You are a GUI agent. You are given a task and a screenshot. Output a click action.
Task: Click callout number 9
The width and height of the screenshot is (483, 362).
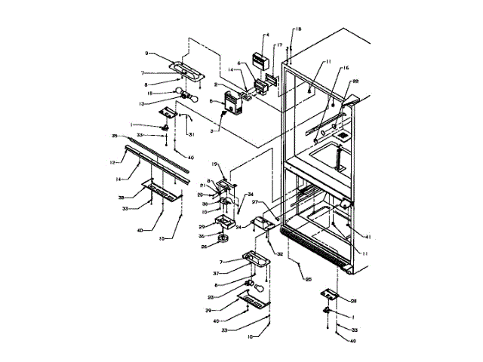pos(148,53)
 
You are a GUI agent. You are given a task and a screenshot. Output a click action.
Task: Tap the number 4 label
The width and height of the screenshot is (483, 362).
pos(266,35)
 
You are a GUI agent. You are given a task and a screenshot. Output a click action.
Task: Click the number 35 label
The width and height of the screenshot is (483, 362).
pos(115,137)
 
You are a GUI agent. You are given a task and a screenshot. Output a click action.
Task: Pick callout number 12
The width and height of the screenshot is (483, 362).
pos(112,161)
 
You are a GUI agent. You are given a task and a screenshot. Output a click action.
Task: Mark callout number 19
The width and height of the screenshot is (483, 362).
pos(214,164)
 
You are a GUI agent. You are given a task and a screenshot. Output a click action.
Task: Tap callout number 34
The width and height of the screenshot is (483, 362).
pos(251,194)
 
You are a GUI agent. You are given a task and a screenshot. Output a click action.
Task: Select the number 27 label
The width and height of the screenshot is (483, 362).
pos(255,203)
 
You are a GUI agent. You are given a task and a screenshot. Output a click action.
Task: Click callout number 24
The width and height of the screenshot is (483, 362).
pos(238,225)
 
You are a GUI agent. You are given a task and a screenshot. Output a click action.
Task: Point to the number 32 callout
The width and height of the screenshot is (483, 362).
pos(279,255)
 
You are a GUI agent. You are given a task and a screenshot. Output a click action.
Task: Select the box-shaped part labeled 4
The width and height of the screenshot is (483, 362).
pos(260,57)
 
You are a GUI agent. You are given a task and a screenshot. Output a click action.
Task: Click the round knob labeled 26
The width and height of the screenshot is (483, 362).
pos(224,240)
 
